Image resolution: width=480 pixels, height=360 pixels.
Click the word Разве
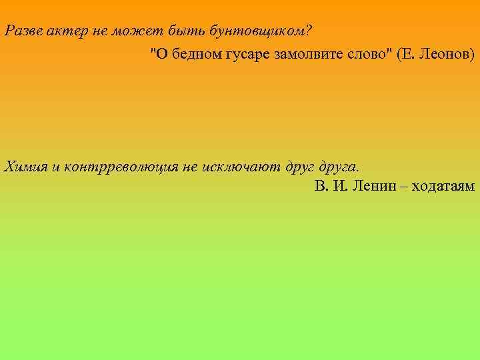(21, 31)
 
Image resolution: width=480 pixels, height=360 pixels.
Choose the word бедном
(190, 53)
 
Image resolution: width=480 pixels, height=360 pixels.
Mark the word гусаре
(245, 53)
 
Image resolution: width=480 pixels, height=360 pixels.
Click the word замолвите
(304, 53)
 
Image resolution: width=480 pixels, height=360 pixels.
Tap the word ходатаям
(443, 186)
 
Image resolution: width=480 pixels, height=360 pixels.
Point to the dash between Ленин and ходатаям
(402, 186)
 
